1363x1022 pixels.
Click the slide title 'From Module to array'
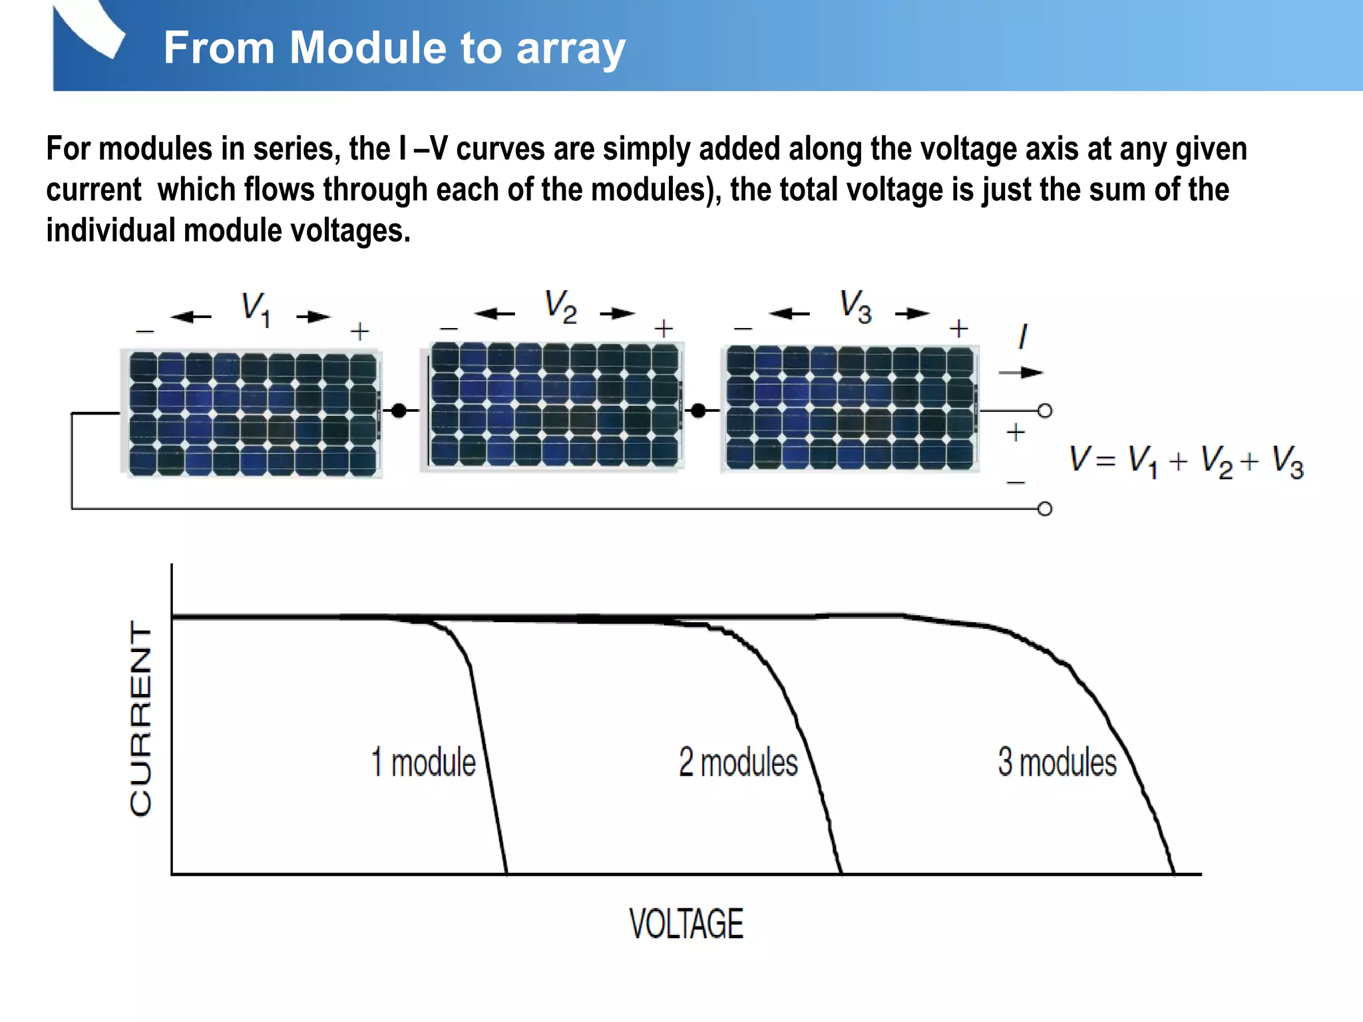coord(394,48)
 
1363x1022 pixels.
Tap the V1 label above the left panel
coord(256,309)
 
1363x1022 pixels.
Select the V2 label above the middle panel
coord(560,307)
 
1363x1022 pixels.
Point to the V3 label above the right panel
coord(855,307)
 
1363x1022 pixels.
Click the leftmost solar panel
coord(253,414)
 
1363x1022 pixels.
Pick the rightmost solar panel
coord(851,408)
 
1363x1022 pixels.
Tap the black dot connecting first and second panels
coord(399,411)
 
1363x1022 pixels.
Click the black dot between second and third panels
coord(698,411)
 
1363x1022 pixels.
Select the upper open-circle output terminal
coord(1045,411)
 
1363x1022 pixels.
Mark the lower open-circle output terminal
coord(1045,509)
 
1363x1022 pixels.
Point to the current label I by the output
coord(1023,337)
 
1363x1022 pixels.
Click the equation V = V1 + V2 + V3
coord(1186,460)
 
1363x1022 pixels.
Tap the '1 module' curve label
coord(424,763)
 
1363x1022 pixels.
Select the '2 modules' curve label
coord(738,763)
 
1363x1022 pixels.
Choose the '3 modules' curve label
coord(1057,763)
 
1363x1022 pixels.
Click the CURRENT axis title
coord(141,719)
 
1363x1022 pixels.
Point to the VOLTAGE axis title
coord(686,924)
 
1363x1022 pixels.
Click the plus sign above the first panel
coord(359,331)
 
